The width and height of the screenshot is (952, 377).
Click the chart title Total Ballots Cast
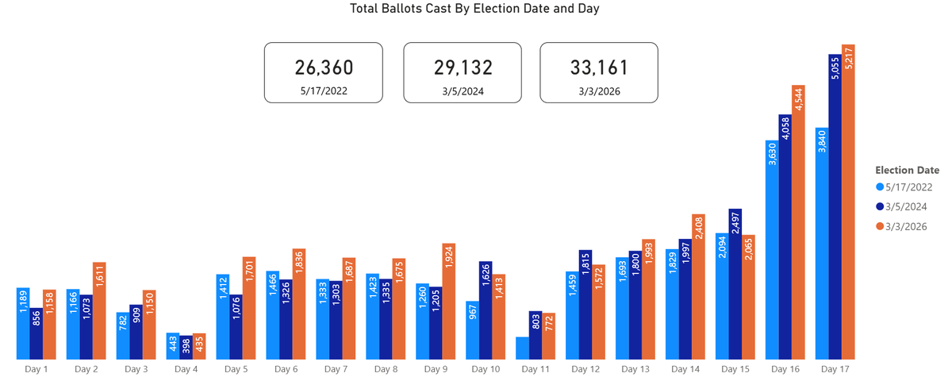point(475,10)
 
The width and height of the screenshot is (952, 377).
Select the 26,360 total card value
point(323,67)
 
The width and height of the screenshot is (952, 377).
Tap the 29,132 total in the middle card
point(463,67)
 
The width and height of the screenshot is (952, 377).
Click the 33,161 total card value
point(599,67)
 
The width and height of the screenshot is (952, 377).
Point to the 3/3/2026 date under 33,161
point(599,91)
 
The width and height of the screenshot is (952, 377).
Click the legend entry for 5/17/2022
point(908,187)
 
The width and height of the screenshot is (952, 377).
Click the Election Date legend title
point(907,170)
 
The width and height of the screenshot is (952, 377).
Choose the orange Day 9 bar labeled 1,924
point(448,302)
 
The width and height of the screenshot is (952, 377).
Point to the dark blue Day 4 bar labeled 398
point(186,347)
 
